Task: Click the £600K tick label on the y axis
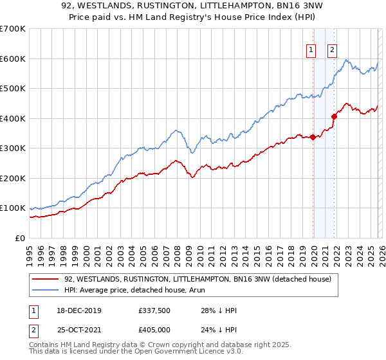point(13,59)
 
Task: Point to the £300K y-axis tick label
point(13,148)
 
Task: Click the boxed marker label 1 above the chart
point(311,50)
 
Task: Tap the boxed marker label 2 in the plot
point(332,50)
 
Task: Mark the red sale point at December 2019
point(313,137)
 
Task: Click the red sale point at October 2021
point(334,116)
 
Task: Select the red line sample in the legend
point(45,279)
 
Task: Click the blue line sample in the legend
point(45,290)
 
